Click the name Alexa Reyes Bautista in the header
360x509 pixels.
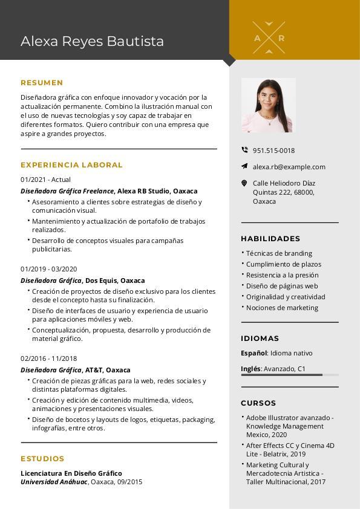coord(92,41)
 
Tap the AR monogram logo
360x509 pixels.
coord(269,37)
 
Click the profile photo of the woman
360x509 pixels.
coord(269,105)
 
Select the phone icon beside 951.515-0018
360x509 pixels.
coord(244,150)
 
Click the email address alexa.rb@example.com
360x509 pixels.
coord(289,167)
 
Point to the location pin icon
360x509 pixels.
coord(244,183)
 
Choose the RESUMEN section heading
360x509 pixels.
coord(42,83)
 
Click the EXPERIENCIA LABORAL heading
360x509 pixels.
coord(71,164)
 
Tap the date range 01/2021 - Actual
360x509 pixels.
coord(45,180)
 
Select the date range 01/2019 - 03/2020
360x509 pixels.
coord(49,269)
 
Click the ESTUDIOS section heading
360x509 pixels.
coord(42,459)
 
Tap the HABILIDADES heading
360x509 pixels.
coord(270,239)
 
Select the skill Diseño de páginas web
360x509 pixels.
coord(282,286)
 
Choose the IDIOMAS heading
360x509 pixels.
coord(260,339)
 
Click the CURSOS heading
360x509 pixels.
coord(258,403)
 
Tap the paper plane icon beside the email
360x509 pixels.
coord(244,166)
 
